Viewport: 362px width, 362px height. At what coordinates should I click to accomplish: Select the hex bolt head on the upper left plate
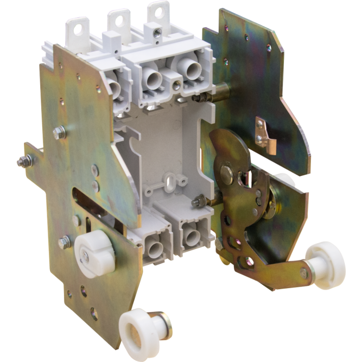[60, 130]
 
